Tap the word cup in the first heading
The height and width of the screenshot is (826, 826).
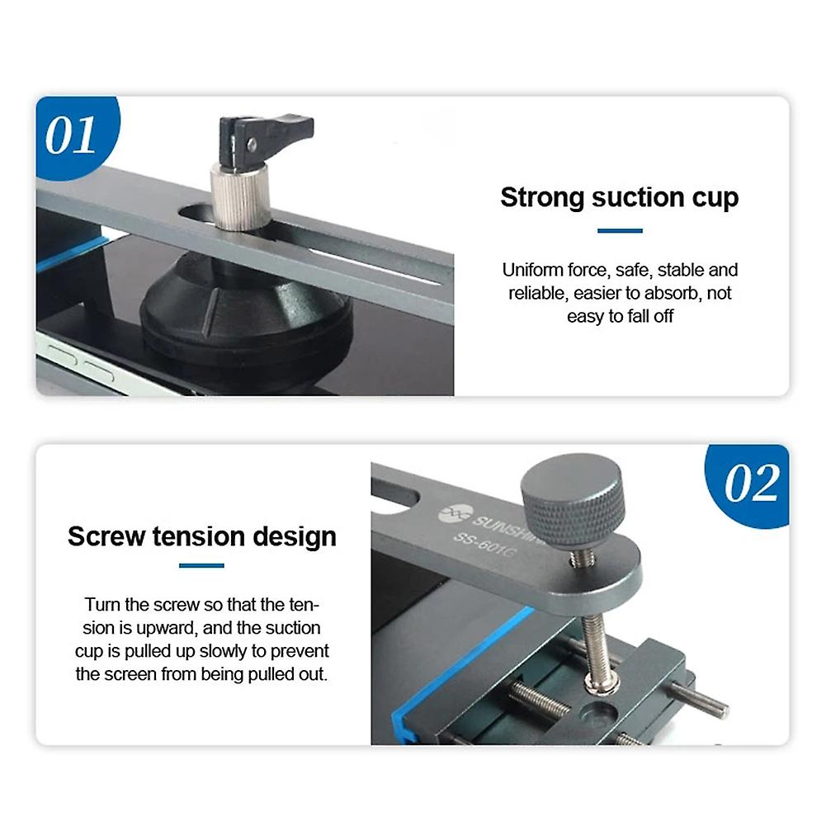click(x=715, y=198)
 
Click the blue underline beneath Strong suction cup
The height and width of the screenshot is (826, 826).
click(x=620, y=231)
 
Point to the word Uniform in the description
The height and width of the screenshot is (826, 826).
click(x=531, y=270)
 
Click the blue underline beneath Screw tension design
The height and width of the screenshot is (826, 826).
click(x=201, y=566)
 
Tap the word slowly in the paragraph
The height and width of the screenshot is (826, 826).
click(x=238, y=651)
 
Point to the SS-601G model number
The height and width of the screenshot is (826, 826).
click(x=488, y=545)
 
